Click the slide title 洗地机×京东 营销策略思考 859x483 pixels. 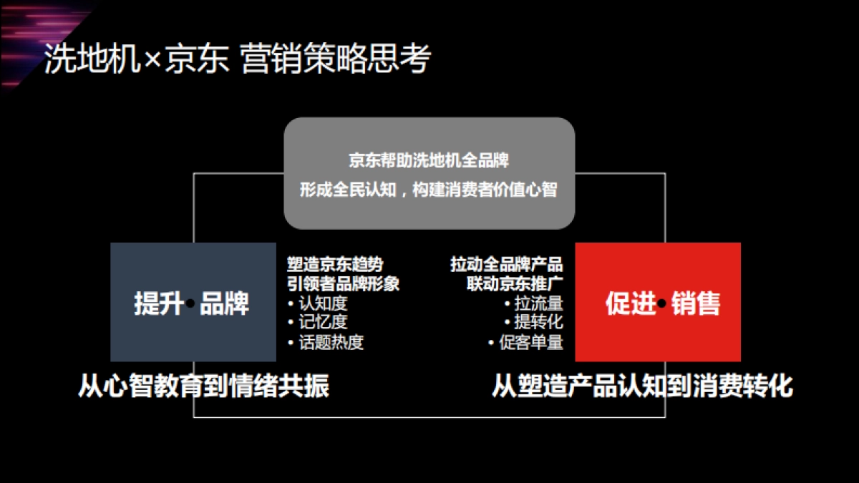coord(237,60)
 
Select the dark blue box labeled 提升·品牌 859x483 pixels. coord(193,302)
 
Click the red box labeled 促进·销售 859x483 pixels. coord(658,302)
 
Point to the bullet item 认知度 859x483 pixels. coord(322,303)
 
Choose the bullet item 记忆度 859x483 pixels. coord(322,323)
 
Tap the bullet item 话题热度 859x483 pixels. coord(331,342)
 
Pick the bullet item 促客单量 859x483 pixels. coord(530,342)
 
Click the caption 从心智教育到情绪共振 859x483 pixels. coord(203,386)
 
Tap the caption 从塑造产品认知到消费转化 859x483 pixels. coord(642,386)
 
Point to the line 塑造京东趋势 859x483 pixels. coord(335,265)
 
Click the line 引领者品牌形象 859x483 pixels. coord(343,283)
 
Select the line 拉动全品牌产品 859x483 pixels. coord(506,265)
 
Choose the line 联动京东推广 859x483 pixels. coord(515,283)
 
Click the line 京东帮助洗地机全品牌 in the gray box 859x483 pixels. coord(429,160)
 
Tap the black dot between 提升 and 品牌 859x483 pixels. coord(190,304)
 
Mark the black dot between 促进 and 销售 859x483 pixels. coord(661,304)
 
